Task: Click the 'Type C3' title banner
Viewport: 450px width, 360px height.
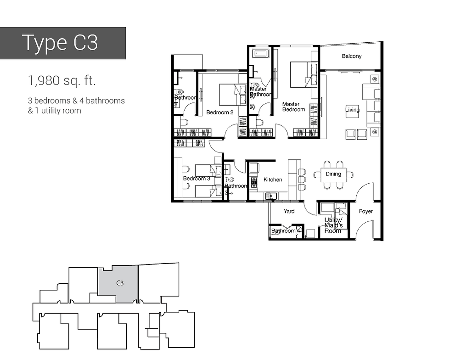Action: pyautogui.click(x=62, y=43)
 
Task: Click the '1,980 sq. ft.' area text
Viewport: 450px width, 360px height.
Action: pyautogui.click(x=62, y=81)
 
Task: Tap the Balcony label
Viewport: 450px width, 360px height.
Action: pyautogui.click(x=352, y=56)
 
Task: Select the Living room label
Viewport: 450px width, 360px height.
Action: pyautogui.click(x=353, y=110)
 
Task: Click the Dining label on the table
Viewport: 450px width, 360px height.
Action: pyautogui.click(x=333, y=174)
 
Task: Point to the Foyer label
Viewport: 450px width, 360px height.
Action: pyautogui.click(x=366, y=212)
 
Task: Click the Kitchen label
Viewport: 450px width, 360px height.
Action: pyautogui.click(x=273, y=180)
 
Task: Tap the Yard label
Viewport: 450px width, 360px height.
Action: pyautogui.click(x=289, y=212)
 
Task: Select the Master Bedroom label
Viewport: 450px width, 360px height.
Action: pyautogui.click(x=293, y=107)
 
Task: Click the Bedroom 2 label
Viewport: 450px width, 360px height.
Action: pyautogui.click(x=219, y=112)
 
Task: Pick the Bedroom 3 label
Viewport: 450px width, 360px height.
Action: pyautogui.click(x=197, y=179)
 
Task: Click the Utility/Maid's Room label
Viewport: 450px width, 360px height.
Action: pyautogui.click(x=333, y=225)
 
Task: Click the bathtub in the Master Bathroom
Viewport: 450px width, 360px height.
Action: pyautogui.click(x=260, y=54)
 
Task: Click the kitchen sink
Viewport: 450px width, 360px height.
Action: pyautogui.click(x=270, y=197)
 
